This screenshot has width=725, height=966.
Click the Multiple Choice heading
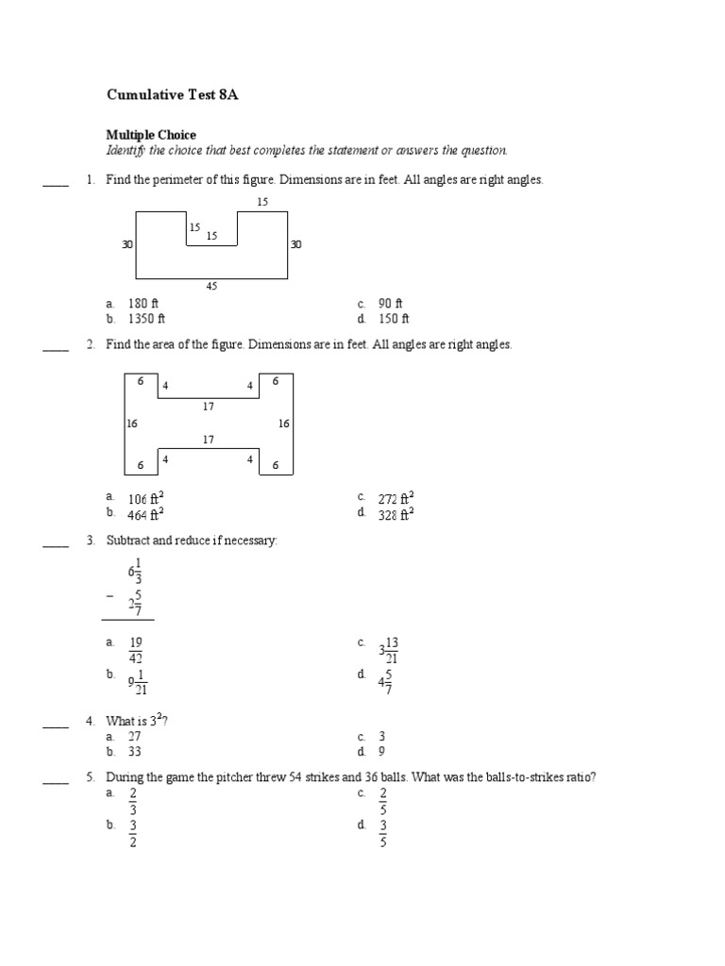point(151,135)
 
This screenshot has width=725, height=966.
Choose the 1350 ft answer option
point(146,319)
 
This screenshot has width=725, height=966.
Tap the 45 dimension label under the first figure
point(211,286)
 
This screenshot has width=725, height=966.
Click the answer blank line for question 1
point(56,185)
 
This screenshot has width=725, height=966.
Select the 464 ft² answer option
point(146,513)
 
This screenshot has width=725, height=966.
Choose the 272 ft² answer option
point(396,497)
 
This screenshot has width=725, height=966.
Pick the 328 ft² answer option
point(396,513)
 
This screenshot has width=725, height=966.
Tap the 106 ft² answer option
point(146,497)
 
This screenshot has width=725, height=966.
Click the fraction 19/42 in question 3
point(136,650)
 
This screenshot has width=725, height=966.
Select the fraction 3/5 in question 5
point(383,833)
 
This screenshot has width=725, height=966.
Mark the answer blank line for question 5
point(56,782)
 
